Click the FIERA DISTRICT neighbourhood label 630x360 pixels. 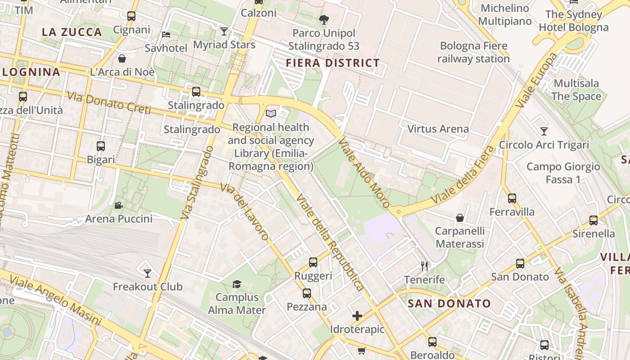coord(333,63)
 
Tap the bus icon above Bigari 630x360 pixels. coord(101,146)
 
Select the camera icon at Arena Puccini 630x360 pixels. coord(118,206)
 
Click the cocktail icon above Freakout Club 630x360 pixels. coord(147,273)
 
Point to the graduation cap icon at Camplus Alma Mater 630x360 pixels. coord(237,284)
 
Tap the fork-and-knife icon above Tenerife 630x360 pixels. coord(424,266)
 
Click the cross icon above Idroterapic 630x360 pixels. coord(357,316)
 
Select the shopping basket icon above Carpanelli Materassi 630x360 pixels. coord(460,218)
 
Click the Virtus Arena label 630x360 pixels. coord(438,129)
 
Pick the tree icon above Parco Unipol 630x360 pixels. coord(324,19)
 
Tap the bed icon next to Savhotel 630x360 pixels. coord(166,34)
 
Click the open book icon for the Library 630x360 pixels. coord(270,113)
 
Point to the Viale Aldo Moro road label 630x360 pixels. coord(364,172)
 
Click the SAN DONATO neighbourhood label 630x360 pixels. coord(449,303)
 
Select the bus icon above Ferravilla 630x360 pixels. coord(512,198)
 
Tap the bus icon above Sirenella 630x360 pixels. coord(594,220)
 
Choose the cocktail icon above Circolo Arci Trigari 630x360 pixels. coord(544,131)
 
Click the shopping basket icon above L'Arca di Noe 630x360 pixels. coord(122,58)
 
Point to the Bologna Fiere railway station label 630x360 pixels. coord(473,52)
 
